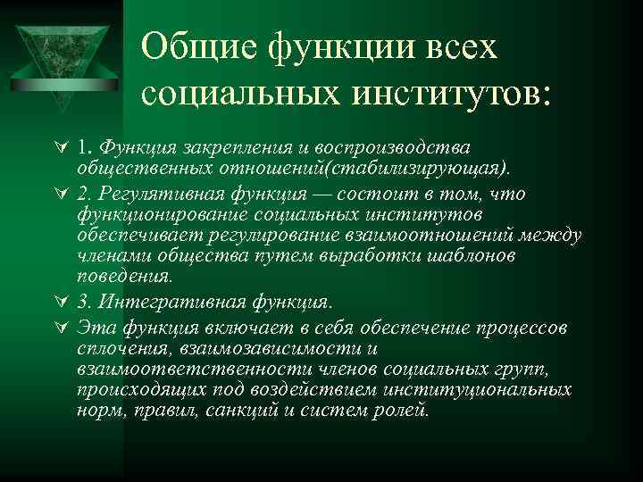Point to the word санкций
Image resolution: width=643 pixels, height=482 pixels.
262,411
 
